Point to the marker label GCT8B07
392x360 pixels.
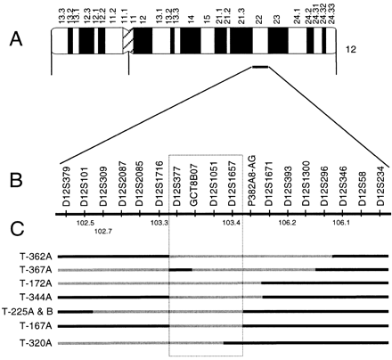tap(193, 184)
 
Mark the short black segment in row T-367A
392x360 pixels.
tap(180, 268)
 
